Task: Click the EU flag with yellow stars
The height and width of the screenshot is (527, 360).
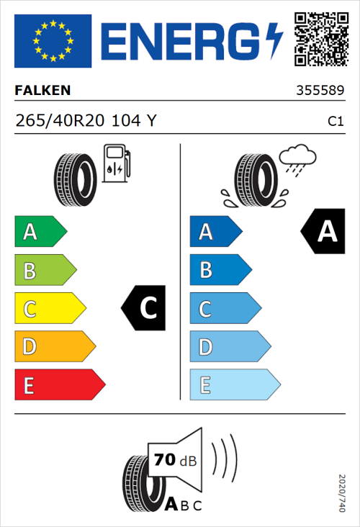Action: pyautogui.click(x=53, y=41)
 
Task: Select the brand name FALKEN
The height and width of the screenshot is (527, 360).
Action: pyautogui.click(x=42, y=91)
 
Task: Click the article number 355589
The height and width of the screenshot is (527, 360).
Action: pyautogui.click(x=320, y=91)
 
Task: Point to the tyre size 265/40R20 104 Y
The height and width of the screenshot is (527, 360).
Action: pyautogui.click(x=85, y=121)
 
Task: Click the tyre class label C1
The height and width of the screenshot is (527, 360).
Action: pyautogui.click(x=335, y=122)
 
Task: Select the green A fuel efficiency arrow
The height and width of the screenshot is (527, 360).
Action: pyautogui.click(x=40, y=232)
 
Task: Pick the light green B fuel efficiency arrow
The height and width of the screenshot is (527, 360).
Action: pyautogui.click(x=45, y=271)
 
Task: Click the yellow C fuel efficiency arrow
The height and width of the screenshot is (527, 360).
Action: pyautogui.click(x=49, y=309)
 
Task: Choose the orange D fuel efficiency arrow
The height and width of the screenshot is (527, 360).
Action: pyautogui.click(x=54, y=347)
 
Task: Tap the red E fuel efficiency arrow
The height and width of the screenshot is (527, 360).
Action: pyautogui.click(x=59, y=385)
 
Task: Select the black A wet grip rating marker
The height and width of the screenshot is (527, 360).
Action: pyautogui.click(x=323, y=232)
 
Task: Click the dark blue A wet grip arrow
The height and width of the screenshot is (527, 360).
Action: pyautogui.click(x=215, y=232)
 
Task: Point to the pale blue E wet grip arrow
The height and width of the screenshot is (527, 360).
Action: pyautogui.click(x=234, y=385)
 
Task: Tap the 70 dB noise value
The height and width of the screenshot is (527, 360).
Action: pyautogui.click(x=174, y=460)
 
